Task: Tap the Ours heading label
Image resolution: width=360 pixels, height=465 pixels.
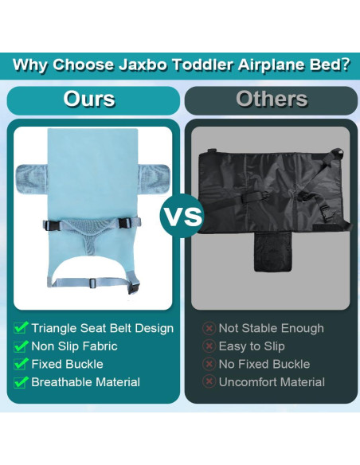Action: tap(89, 100)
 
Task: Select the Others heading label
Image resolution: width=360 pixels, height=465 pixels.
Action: tap(271, 100)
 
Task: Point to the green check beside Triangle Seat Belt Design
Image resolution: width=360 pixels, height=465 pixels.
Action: tap(22, 328)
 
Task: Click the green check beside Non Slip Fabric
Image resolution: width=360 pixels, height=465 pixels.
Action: tap(22, 346)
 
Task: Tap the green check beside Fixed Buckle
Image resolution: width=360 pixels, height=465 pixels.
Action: tap(22, 364)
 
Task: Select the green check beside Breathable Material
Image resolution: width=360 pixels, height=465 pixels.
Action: tap(22, 382)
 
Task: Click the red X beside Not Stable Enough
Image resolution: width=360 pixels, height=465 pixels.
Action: tap(209, 328)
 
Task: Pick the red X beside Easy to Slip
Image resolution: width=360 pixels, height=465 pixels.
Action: tap(209, 346)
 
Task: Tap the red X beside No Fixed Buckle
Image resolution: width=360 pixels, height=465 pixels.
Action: tap(209, 364)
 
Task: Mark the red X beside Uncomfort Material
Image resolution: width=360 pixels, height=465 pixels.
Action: tap(209, 382)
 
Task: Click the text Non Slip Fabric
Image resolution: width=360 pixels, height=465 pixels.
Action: tap(74, 346)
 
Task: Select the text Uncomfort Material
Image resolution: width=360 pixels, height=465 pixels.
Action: tap(272, 382)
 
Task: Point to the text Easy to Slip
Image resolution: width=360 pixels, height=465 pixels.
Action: tap(252, 346)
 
